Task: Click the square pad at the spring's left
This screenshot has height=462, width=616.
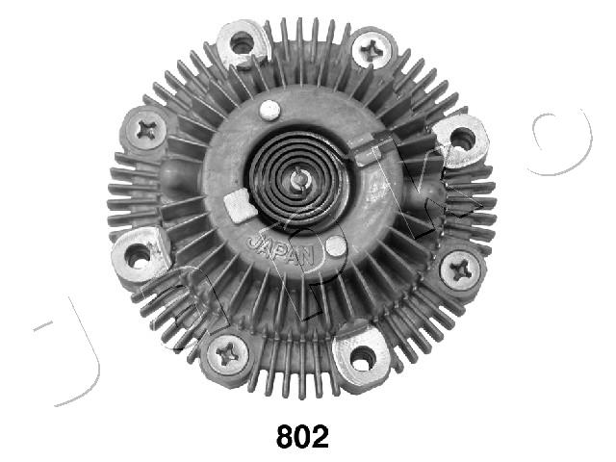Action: coord(235,204)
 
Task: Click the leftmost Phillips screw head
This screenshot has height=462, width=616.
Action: coord(147,128)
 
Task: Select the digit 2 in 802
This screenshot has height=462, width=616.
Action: coord(319,437)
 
